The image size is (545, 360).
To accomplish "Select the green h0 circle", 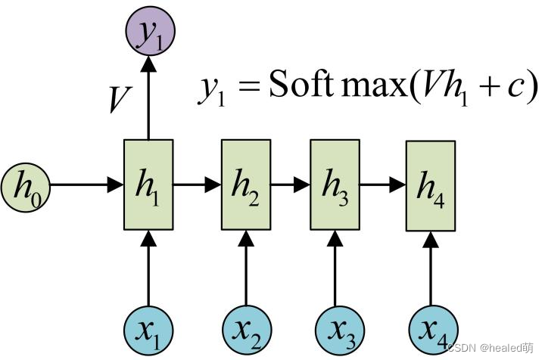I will (x=25, y=185).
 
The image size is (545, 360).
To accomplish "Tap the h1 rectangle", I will (x=148, y=185).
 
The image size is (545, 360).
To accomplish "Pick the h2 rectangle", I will (x=245, y=185).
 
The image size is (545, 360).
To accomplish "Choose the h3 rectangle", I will (x=335, y=185).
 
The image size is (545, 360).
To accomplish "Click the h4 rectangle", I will (x=431, y=186).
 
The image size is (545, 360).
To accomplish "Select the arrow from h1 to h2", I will (x=197, y=185).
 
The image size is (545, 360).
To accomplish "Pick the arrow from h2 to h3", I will (x=290, y=185).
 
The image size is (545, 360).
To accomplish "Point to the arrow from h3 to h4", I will (x=382, y=185).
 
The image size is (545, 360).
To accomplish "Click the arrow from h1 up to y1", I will (x=148, y=98).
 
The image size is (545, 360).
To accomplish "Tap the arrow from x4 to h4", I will (x=431, y=269).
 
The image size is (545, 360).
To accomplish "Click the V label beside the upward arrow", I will (x=119, y=99).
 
